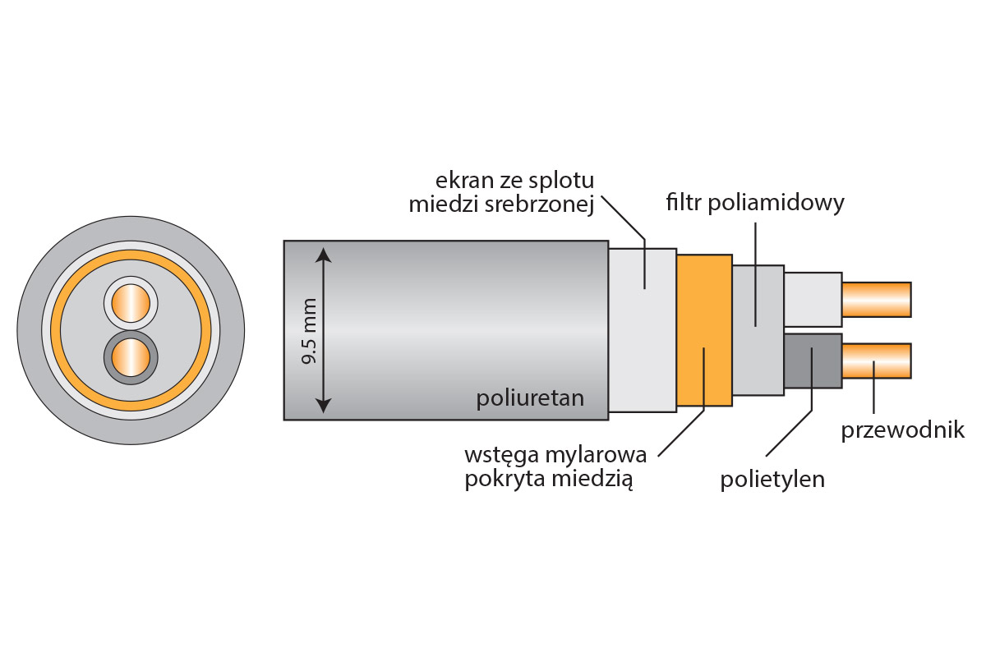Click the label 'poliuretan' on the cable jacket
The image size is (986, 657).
click(530, 399)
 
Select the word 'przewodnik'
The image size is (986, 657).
click(902, 430)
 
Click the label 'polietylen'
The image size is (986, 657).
click(772, 479)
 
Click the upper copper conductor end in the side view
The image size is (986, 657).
click(877, 299)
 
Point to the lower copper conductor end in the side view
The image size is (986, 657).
click(877, 361)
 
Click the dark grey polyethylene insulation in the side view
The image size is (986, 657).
click(812, 361)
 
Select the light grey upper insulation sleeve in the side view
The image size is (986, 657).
click(812, 299)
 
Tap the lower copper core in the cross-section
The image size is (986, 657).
click(131, 358)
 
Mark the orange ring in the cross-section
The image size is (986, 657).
click(55, 330)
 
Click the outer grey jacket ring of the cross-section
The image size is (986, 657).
click(30, 330)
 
